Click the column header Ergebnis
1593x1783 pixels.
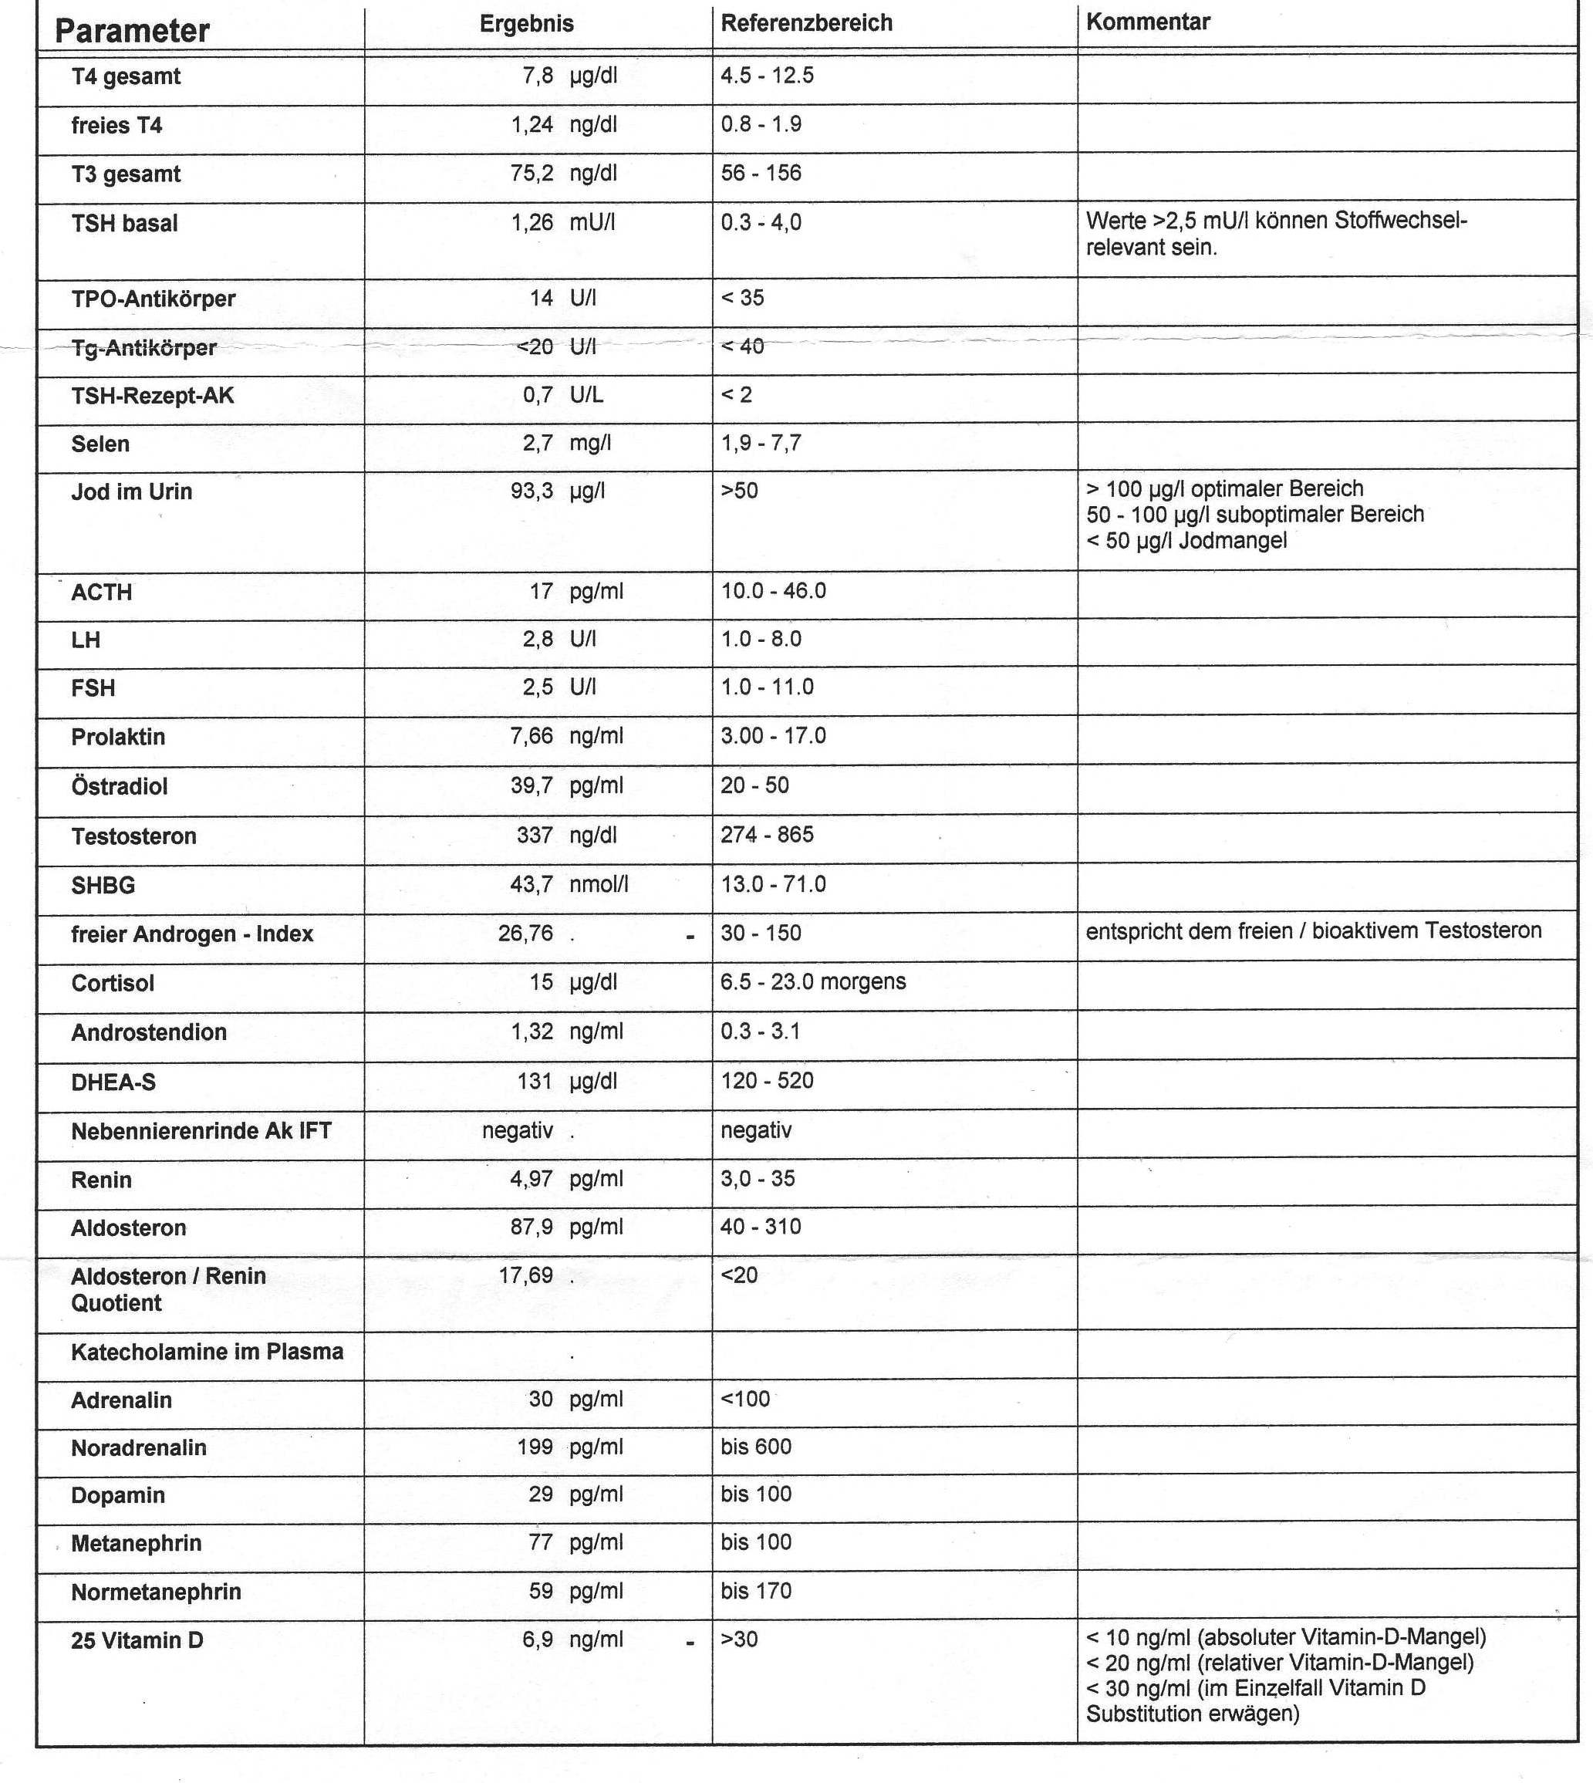coord(526,24)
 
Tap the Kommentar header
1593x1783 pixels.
coord(1147,22)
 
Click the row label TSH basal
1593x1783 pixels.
coord(124,223)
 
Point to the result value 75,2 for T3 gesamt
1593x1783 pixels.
coord(532,174)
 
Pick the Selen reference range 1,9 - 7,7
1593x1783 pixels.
coord(761,443)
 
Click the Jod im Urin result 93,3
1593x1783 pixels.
coord(532,491)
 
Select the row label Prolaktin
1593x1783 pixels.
coord(118,737)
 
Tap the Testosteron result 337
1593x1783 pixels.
coord(535,835)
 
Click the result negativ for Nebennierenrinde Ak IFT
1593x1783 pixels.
coord(518,1130)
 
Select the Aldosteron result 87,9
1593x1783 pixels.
coord(532,1228)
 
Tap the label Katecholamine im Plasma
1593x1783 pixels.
coord(207,1352)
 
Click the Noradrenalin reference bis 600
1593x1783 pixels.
coord(756,1447)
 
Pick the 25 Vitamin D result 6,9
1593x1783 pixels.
coord(538,1639)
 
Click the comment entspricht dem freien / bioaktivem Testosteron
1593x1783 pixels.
coord(1313,930)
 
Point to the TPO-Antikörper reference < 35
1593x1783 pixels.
coord(742,298)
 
